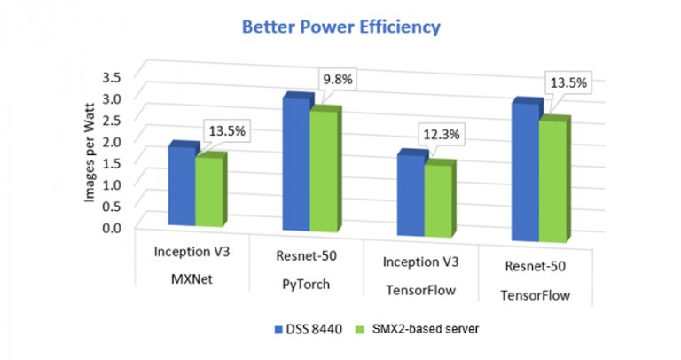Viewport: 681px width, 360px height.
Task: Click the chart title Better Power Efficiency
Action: click(340, 27)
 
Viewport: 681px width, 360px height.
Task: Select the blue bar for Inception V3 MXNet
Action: click(181, 187)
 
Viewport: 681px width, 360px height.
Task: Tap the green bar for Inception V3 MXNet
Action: click(209, 192)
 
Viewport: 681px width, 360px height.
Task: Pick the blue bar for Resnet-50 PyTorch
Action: click(294, 165)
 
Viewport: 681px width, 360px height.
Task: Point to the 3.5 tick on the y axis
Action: click(112, 78)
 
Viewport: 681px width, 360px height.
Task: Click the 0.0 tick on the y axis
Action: click(111, 227)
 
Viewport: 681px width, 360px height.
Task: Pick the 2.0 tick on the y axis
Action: click(112, 142)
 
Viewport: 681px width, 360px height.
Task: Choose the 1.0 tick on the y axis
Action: click(112, 184)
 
